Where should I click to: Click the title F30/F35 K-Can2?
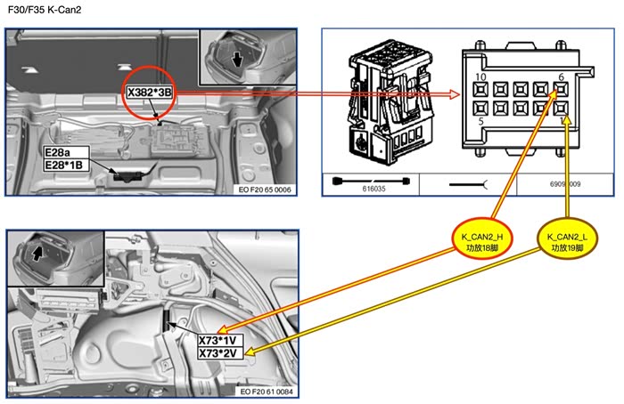[x=45, y=10]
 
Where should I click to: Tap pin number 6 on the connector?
[x=561, y=78]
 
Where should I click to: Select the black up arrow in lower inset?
[x=37, y=253]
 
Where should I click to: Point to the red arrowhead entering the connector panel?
[x=454, y=94]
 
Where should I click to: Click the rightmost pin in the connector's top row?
[x=561, y=90]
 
